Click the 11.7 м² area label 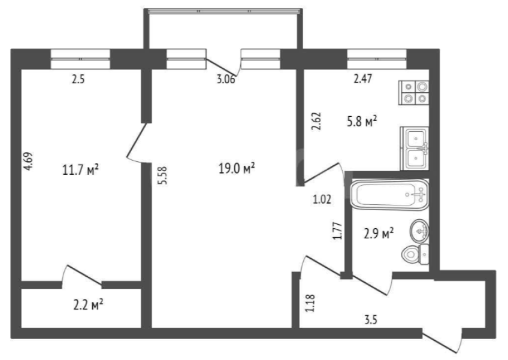(x=80, y=170)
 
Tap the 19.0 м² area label (x=237, y=168)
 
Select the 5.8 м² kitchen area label (x=362, y=122)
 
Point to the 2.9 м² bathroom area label (x=379, y=233)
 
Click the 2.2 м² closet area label (x=88, y=304)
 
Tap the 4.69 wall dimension (x=29, y=161)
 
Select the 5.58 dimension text (x=162, y=176)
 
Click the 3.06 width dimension (x=226, y=80)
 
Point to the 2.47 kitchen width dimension (x=362, y=78)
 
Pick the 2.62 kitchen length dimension (x=316, y=121)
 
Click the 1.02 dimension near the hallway (x=322, y=199)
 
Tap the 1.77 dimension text (x=338, y=231)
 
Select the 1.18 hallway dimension (x=310, y=303)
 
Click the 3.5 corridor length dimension (x=371, y=320)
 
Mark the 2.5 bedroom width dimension (x=78, y=80)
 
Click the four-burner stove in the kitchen (x=414, y=92)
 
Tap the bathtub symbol (x=390, y=195)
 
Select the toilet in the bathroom (x=415, y=254)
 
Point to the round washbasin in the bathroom (x=420, y=231)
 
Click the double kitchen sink (x=415, y=149)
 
